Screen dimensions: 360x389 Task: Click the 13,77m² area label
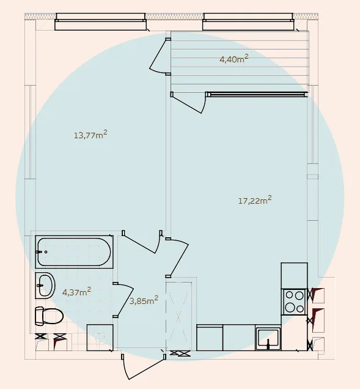pos(90,135)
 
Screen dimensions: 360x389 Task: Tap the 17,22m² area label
pos(255,200)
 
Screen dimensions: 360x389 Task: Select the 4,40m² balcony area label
pos(234,59)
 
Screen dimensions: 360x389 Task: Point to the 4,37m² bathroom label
pos(76,292)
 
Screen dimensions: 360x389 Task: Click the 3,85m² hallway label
pos(144,300)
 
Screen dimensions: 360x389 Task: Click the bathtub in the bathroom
pos(74,252)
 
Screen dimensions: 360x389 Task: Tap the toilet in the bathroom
pos(49,316)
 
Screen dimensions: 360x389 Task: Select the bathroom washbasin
pos(45,286)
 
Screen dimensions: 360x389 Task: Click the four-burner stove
pos(294,302)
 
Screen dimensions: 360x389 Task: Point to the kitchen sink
pos(268,338)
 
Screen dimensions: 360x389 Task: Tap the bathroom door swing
pos(123,300)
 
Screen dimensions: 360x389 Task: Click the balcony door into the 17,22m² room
pos(188,103)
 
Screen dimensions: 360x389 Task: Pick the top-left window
pos(100,22)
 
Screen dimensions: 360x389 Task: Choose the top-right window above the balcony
pos(248,22)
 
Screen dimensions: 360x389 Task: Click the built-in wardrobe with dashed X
pos(178,316)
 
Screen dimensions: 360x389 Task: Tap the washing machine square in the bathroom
pos(100,338)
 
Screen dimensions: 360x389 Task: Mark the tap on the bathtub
pos(40,252)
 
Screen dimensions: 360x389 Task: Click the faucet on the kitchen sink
pos(268,344)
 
